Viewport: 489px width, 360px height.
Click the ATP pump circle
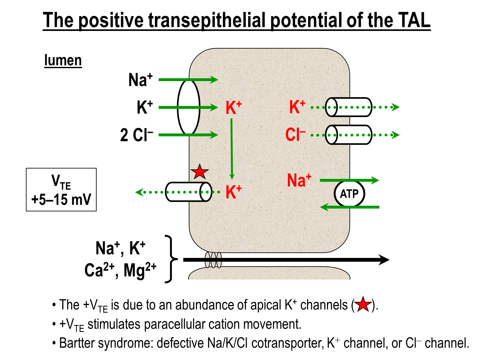(x=349, y=193)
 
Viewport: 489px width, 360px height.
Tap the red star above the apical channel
(x=200, y=172)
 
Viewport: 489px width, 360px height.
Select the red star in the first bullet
(x=363, y=304)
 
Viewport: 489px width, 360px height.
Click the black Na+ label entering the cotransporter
(x=140, y=80)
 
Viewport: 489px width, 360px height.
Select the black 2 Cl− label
(x=136, y=135)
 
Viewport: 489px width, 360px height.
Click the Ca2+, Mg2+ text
(x=120, y=270)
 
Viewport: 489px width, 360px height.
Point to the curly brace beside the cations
(x=171, y=259)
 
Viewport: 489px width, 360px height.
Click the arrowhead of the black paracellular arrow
(x=384, y=260)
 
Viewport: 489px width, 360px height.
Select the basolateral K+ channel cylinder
(x=349, y=107)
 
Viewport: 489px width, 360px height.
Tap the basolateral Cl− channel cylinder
(x=349, y=135)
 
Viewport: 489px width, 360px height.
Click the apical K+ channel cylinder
(x=188, y=192)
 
